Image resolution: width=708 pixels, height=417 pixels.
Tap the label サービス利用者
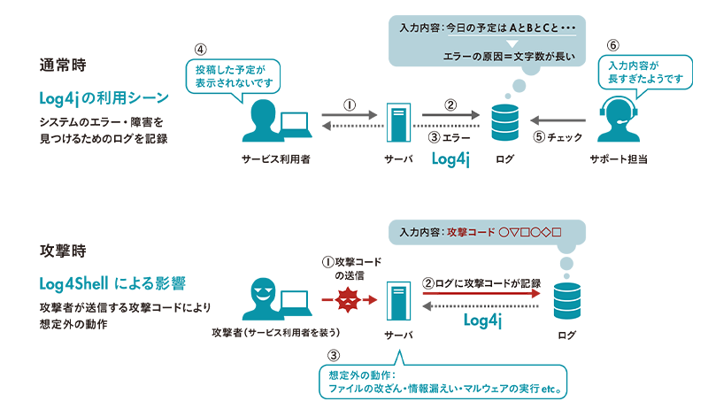pos(274,159)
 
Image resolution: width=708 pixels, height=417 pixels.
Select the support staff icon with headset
pos(618,118)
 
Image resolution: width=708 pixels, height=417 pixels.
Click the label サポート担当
pos(617,159)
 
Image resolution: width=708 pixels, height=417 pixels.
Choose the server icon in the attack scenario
pos(396,301)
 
